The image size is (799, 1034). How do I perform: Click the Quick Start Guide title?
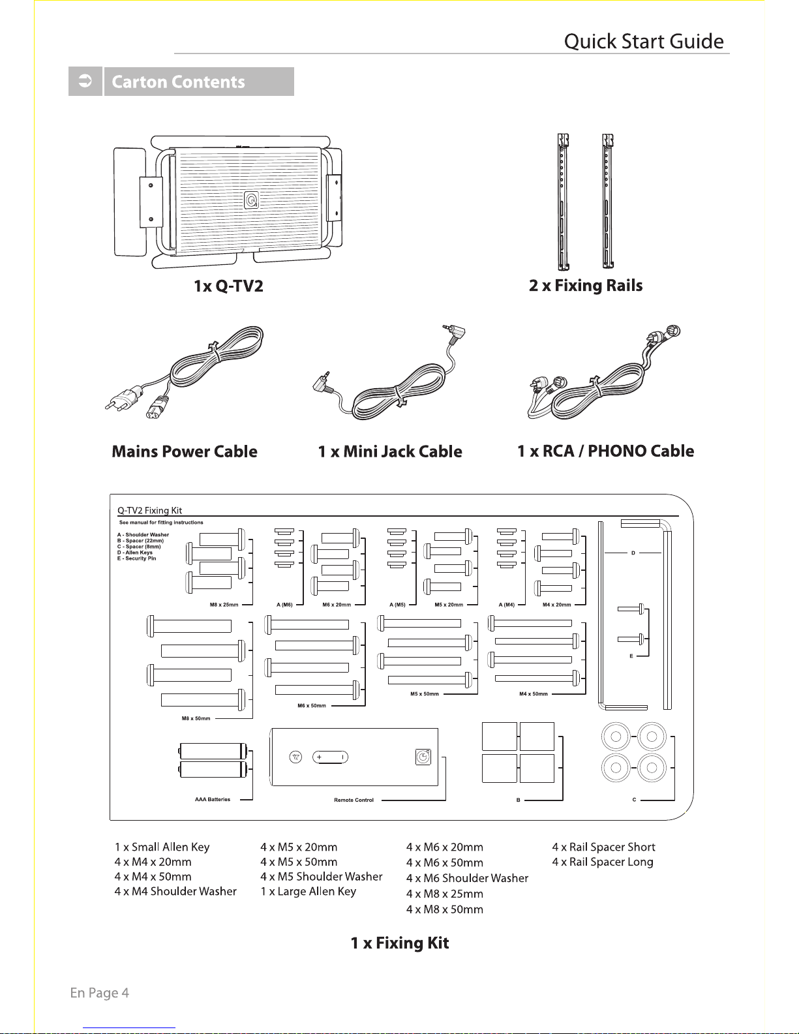point(644,41)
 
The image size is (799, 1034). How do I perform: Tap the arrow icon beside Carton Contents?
point(85,81)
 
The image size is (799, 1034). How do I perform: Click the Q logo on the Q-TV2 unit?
point(251,200)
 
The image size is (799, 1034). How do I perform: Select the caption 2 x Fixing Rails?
point(586,286)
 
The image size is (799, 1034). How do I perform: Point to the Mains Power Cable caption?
point(185,451)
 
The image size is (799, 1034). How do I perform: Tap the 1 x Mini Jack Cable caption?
point(390,451)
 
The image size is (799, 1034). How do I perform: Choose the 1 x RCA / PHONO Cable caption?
point(605,451)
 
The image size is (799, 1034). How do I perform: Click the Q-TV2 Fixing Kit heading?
point(150,510)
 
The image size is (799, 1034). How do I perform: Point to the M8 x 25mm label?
point(224,605)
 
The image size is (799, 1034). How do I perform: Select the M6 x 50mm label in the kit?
point(312,706)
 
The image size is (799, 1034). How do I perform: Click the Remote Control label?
point(354,800)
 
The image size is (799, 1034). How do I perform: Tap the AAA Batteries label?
point(213,799)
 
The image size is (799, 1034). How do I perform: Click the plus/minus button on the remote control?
point(330,757)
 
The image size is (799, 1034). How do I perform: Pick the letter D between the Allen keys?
point(633,553)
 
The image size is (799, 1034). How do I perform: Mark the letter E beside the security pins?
point(631,656)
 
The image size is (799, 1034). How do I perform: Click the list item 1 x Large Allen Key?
point(308,891)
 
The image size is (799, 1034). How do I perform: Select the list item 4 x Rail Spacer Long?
point(603,862)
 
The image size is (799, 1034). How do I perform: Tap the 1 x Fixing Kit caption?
point(399,943)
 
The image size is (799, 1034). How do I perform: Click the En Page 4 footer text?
point(99,993)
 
